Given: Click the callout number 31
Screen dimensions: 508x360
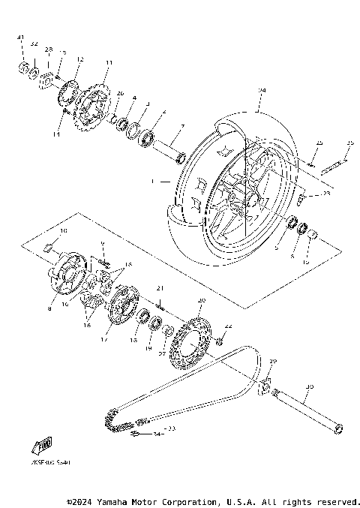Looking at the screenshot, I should click(x=21, y=37).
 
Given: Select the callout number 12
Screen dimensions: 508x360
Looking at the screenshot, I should click(x=79, y=59).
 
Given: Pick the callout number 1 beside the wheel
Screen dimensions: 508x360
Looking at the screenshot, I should click(x=153, y=181).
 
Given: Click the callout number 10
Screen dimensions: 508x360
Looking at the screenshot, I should click(x=64, y=230).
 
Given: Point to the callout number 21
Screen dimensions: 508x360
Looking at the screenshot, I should click(x=159, y=289).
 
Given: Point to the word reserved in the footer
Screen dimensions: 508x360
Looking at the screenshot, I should click(x=338, y=501).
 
